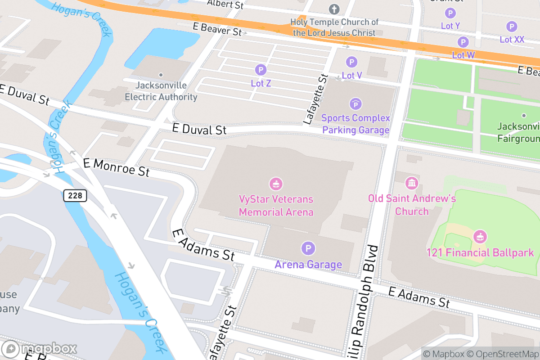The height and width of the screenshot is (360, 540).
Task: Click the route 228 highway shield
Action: point(75,195)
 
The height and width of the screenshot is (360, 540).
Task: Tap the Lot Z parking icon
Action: point(261,70)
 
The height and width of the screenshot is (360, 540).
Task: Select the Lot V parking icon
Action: point(351,62)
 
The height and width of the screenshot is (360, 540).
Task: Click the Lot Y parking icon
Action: point(450,13)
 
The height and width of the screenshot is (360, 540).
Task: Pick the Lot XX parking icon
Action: point(512,27)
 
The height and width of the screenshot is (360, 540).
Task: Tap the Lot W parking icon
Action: point(463,42)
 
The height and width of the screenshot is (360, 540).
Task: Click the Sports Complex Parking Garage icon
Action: point(355,104)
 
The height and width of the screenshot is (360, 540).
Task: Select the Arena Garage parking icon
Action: point(308,248)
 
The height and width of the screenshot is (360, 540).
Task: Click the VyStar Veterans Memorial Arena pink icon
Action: point(275,184)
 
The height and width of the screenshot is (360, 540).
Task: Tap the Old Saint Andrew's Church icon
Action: point(412,183)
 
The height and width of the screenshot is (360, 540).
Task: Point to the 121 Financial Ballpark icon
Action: point(480,236)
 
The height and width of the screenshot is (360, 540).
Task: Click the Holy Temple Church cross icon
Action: point(334,9)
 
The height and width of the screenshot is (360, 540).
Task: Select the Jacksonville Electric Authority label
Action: point(161,91)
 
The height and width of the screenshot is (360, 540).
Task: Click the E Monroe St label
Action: point(116,166)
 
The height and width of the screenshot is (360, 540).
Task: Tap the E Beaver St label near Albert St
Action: point(217,29)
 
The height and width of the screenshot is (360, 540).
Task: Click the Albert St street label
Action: point(225,4)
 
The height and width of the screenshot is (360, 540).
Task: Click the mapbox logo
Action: point(40,348)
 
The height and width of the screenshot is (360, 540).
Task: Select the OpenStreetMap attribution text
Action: point(503,354)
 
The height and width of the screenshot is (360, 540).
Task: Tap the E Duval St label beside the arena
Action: point(199,130)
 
